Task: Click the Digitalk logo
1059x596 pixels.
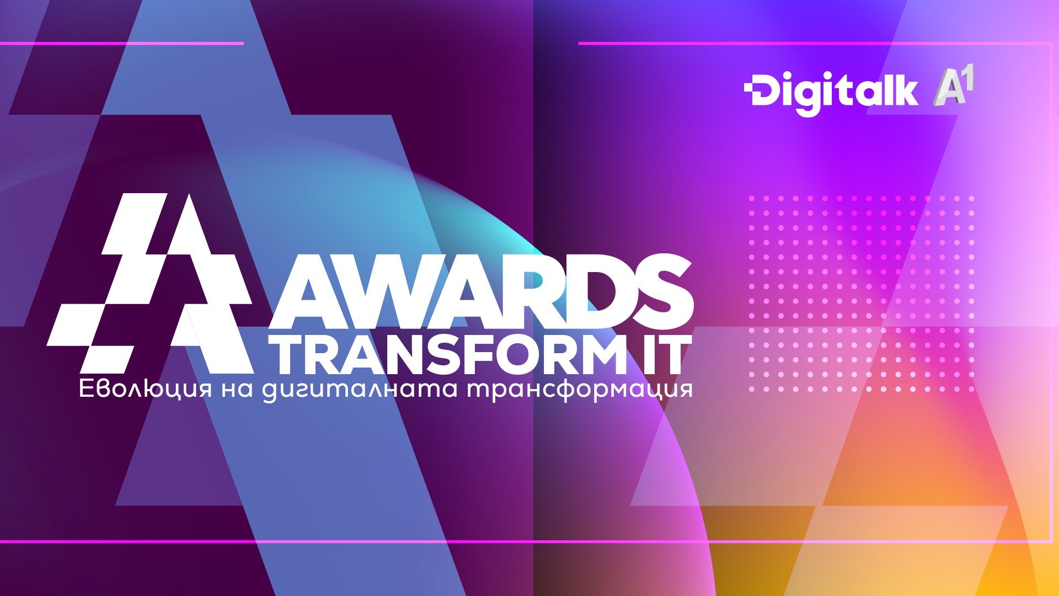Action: pos(831,92)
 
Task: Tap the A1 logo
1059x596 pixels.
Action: pos(953,86)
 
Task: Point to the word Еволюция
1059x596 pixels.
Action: pos(145,389)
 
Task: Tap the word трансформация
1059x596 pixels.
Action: pos(579,389)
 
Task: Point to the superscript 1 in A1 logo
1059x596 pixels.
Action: pos(967,77)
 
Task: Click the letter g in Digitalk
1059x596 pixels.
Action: pos(809,97)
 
